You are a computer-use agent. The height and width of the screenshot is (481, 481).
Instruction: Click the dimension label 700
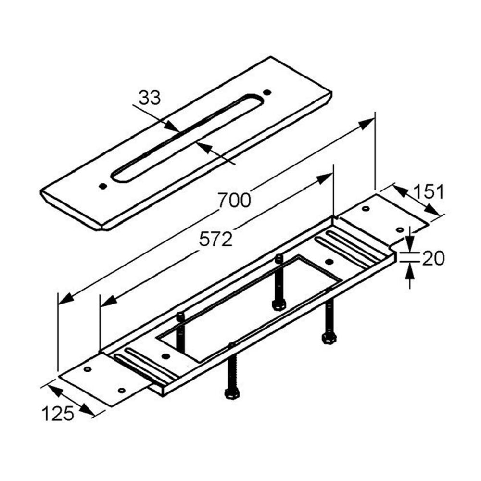[235, 200]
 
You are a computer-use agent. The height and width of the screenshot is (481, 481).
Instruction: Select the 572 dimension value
[215, 239]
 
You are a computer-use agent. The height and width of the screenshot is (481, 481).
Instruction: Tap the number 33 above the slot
[150, 98]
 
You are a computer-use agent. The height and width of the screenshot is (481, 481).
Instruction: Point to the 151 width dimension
[428, 191]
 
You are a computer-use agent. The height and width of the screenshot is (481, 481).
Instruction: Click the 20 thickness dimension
[433, 258]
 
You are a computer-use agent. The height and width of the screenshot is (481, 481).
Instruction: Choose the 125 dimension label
[58, 413]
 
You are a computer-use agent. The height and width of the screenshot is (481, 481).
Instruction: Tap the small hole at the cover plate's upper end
[267, 92]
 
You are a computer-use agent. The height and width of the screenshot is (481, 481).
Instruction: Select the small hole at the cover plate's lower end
[103, 186]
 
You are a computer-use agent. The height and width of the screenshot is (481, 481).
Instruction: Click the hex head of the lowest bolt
[232, 393]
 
